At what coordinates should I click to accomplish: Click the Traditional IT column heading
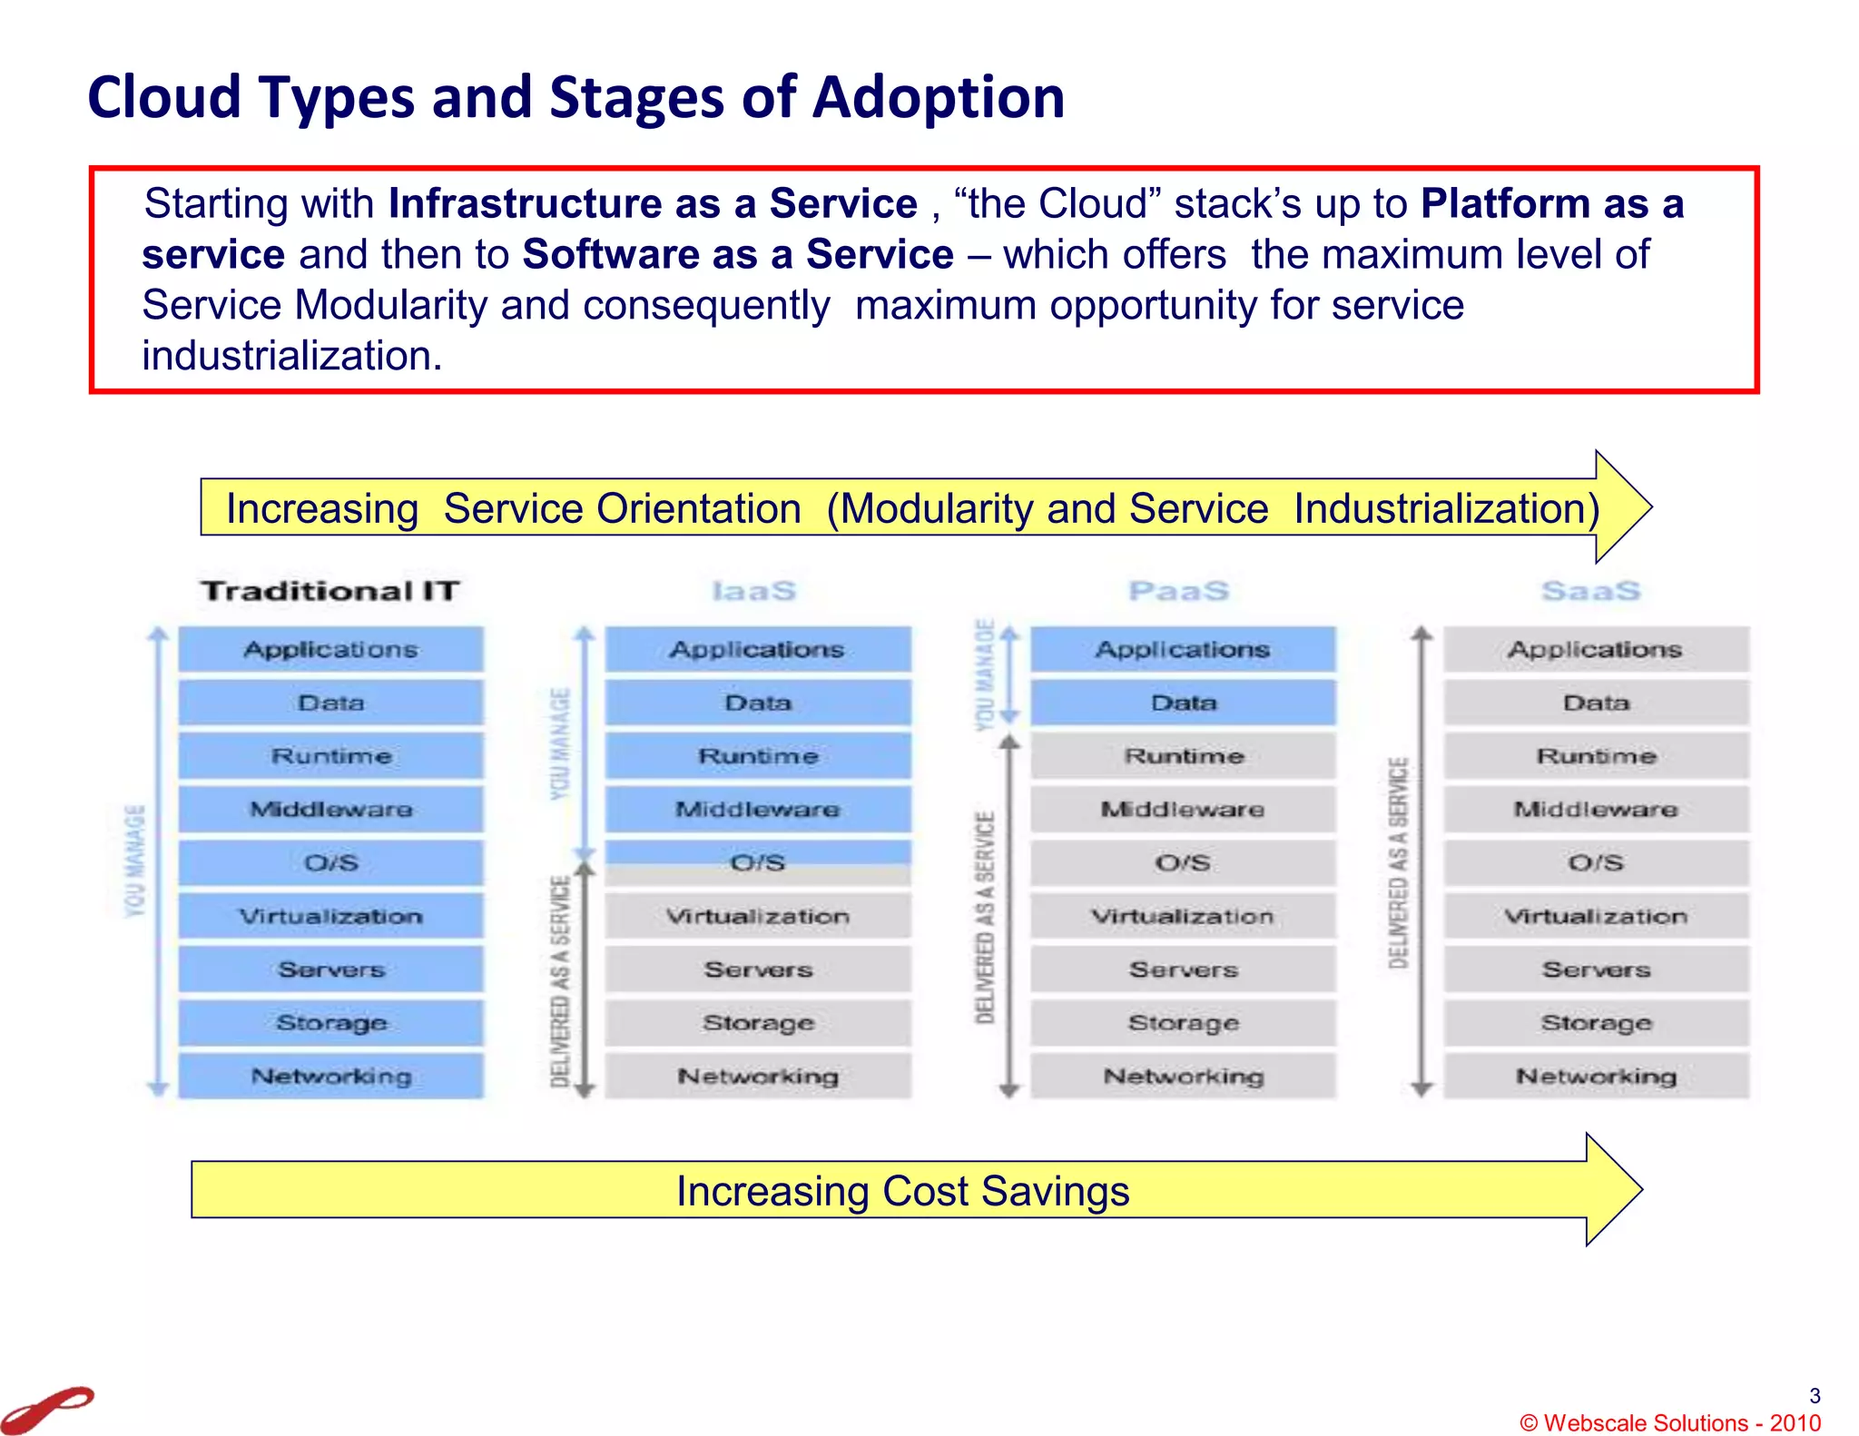pyautogui.click(x=330, y=591)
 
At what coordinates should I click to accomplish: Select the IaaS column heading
pyautogui.click(x=754, y=591)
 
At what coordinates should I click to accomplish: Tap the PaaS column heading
pyautogui.click(x=1179, y=591)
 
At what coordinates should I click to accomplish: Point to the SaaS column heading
pyautogui.click(x=1591, y=591)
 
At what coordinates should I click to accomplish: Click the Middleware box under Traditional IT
pyautogui.click(x=331, y=809)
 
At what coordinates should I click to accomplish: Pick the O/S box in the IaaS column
pyautogui.click(x=758, y=862)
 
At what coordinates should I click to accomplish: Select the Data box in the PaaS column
pyautogui.click(x=1184, y=703)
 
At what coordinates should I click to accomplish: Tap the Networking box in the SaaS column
pyautogui.click(x=1596, y=1076)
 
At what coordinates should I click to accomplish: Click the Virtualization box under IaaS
pyautogui.click(x=758, y=916)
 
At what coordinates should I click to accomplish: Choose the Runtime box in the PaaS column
pyautogui.click(x=1184, y=755)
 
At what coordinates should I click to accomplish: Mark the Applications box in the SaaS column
pyautogui.click(x=1596, y=649)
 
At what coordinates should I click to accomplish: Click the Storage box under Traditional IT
pyautogui.click(x=331, y=1023)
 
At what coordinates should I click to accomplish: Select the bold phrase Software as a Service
pyautogui.click(x=738, y=254)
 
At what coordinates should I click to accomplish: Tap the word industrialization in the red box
pyautogui.click(x=291, y=356)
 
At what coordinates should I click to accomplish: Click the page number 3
pyautogui.click(x=1815, y=1395)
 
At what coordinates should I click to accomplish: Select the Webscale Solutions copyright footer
pyautogui.click(x=1670, y=1422)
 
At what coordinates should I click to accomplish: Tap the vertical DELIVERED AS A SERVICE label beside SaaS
pyautogui.click(x=1399, y=862)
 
